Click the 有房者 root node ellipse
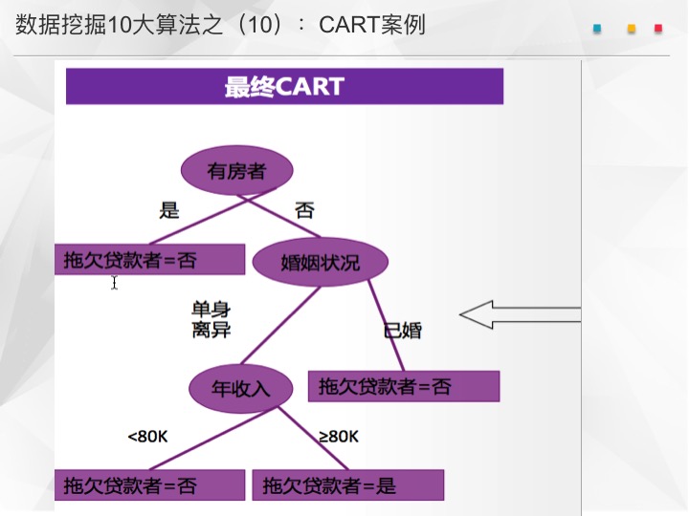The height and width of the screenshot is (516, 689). click(237, 170)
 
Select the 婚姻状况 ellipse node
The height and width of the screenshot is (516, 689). click(321, 262)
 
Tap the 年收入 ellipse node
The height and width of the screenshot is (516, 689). click(241, 388)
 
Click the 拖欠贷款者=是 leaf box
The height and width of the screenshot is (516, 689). click(348, 484)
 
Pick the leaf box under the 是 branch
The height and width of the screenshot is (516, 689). click(150, 259)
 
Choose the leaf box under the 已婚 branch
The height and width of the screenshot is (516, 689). click(404, 386)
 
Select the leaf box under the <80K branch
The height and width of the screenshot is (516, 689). click(150, 484)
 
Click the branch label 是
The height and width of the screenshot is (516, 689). click(169, 210)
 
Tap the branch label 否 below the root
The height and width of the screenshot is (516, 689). click(304, 210)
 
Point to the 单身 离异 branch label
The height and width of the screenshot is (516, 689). click(211, 320)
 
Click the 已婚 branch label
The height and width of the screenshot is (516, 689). click(403, 331)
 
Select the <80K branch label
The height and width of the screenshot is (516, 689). click(147, 437)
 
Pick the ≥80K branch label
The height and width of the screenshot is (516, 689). click(339, 437)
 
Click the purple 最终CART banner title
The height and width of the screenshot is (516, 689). click(285, 86)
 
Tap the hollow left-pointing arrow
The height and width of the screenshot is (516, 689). click(521, 314)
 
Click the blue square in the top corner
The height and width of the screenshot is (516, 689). click(597, 29)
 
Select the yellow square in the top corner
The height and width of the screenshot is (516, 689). click(632, 29)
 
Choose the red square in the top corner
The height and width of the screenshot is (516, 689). click(658, 29)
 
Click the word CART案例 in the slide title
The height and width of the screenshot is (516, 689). click(372, 24)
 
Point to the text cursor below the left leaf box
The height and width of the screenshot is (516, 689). click(114, 282)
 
